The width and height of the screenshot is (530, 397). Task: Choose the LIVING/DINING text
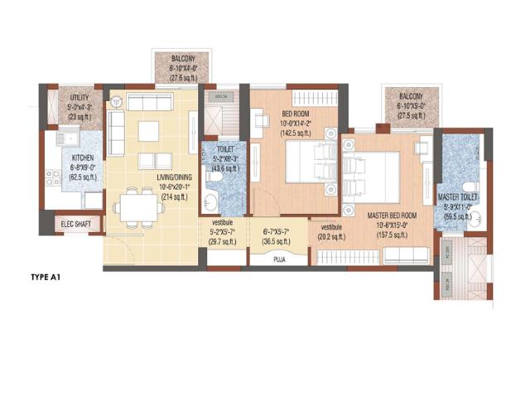tap(176, 177)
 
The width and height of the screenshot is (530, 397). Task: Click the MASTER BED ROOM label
tap(392, 215)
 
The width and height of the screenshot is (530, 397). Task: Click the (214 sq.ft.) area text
tap(175, 198)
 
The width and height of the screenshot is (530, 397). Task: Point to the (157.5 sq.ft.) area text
tap(392, 235)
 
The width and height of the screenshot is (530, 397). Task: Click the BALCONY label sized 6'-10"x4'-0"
tap(183, 59)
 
